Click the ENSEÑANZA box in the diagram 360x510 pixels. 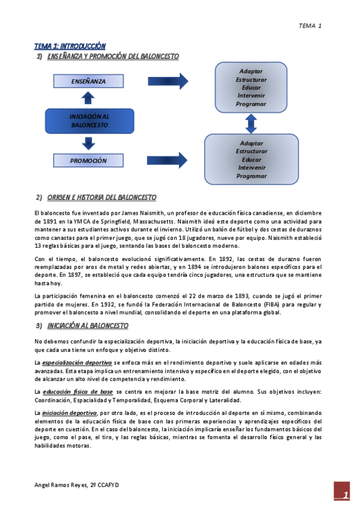88,81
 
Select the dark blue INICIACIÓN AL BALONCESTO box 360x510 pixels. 89,120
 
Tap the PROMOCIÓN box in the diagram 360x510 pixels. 88,161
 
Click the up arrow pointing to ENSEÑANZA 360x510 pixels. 89,99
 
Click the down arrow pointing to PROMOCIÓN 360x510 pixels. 89,143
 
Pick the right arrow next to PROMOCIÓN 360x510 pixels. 167,161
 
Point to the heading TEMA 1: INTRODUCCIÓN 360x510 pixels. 70,46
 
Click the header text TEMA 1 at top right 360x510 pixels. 311,26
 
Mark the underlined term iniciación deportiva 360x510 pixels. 69,413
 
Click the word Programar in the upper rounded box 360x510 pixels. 251,104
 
